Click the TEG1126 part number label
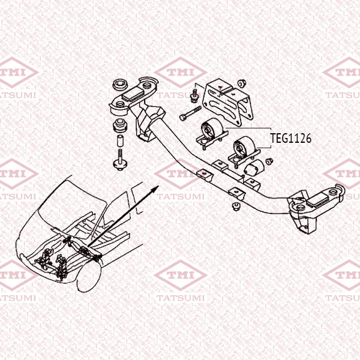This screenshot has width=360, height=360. [290, 138]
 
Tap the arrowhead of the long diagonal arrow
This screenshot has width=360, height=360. [155, 189]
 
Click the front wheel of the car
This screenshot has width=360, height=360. [89, 277]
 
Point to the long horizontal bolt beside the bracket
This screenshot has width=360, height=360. [191, 113]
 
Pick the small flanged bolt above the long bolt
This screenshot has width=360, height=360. [194, 96]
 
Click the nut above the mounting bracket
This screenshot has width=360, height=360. [242, 83]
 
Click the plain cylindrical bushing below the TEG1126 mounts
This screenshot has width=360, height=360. [254, 168]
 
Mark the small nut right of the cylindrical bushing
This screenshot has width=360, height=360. [269, 161]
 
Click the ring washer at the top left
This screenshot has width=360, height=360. [121, 85]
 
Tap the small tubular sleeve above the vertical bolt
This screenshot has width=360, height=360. [121, 141]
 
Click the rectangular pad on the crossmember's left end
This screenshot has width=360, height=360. [133, 94]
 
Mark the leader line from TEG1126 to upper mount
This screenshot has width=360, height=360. [248, 128]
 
